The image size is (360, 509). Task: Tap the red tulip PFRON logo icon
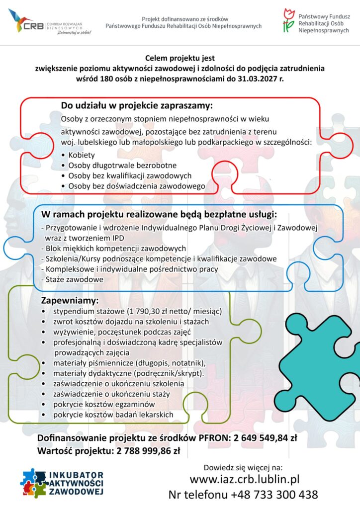pyautogui.click(x=288, y=20)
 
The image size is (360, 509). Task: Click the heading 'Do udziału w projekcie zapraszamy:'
pyautogui.click(x=137, y=106)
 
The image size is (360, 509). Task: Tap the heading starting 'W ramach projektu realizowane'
pyautogui.click(x=159, y=215)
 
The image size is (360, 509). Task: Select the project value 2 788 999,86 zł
pyautogui.click(x=148, y=451)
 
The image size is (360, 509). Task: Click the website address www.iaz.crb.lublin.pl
pyautogui.click(x=244, y=480)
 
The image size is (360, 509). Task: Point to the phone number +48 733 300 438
pyautogui.click(x=274, y=495)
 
